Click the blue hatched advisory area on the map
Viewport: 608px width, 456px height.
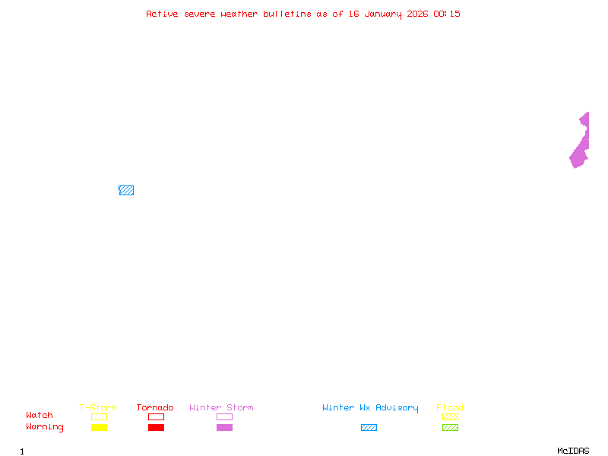coord(126,190)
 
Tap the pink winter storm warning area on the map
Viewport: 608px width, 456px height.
coord(580,149)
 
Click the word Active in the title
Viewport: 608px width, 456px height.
coord(162,14)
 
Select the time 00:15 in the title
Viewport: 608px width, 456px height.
coord(447,14)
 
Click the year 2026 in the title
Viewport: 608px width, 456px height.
coord(418,14)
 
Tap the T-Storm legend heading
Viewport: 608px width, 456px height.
coord(98,407)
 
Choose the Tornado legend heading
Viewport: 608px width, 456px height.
coord(155,407)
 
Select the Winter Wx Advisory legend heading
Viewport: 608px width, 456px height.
coord(370,407)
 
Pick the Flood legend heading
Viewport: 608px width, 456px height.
coord(450,407)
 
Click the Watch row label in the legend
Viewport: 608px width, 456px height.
coord(40,416)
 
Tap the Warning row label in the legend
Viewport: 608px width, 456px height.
coord(44,427)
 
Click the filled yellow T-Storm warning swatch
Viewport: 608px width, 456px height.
coord(99,427)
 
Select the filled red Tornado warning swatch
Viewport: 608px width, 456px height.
coord(156,427)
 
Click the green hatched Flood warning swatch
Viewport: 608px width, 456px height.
coord(450,427)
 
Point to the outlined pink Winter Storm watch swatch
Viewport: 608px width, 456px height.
coord(224,416)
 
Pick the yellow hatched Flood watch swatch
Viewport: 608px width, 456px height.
coord(450,416)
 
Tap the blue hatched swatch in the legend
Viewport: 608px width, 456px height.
coord(369,427)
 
